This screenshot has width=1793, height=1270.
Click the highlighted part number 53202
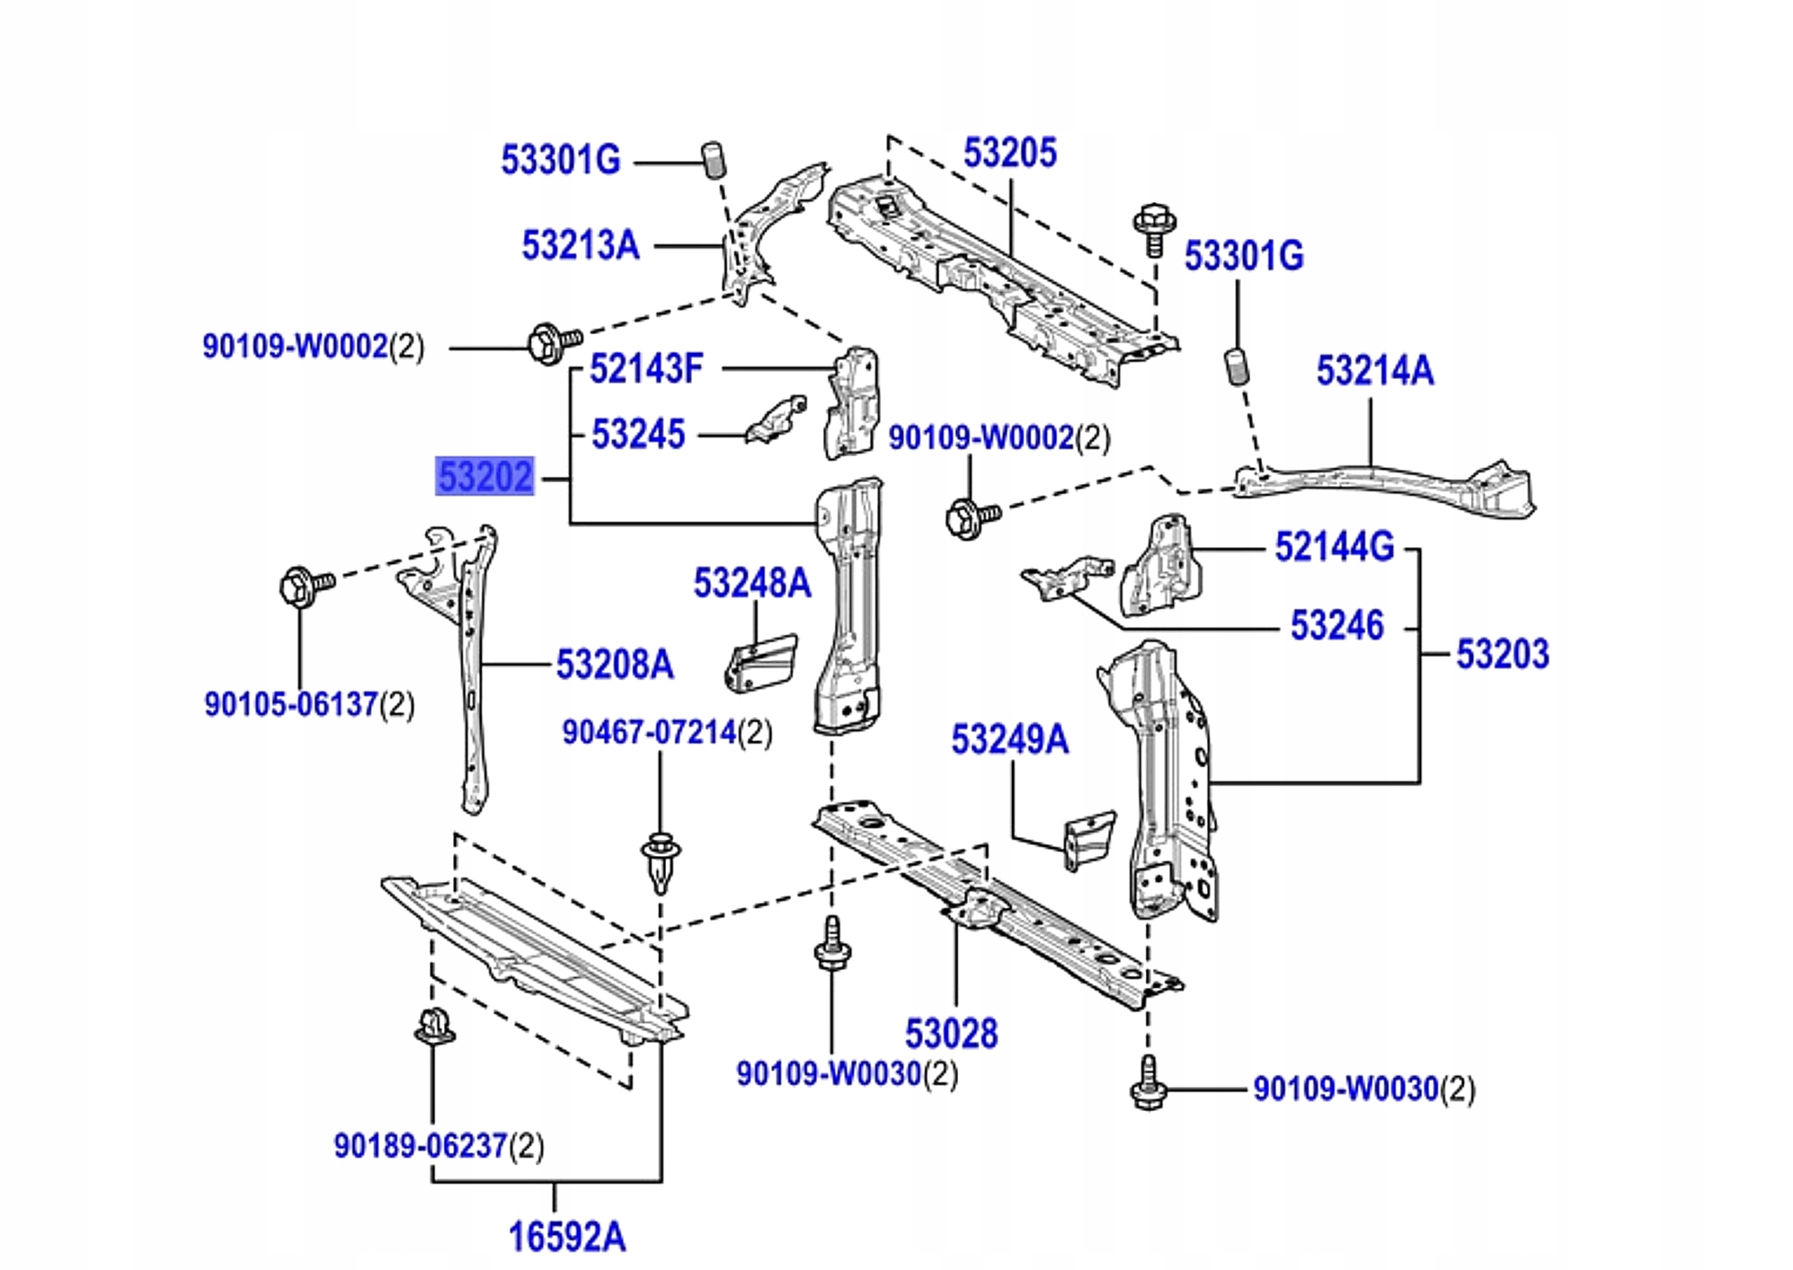click(485, 476)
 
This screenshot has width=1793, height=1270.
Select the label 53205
click(1009, 153)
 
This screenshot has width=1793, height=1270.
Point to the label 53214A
click(1375, 371)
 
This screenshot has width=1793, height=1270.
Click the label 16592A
click(567, 1236)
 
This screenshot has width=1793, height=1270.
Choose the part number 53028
click(951, 1033)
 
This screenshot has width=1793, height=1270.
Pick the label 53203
click(1502, 654)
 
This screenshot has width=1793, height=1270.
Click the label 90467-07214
click(649, 733)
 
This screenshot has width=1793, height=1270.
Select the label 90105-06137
click(291, 704)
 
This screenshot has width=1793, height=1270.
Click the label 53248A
click(752, 584)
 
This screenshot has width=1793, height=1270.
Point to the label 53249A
click(1009, 739)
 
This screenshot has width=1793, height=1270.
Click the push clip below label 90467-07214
click(660, 861)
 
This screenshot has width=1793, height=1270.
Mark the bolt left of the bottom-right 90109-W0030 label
click(1149, 1084)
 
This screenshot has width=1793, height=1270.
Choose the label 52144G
click(1334, 546)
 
